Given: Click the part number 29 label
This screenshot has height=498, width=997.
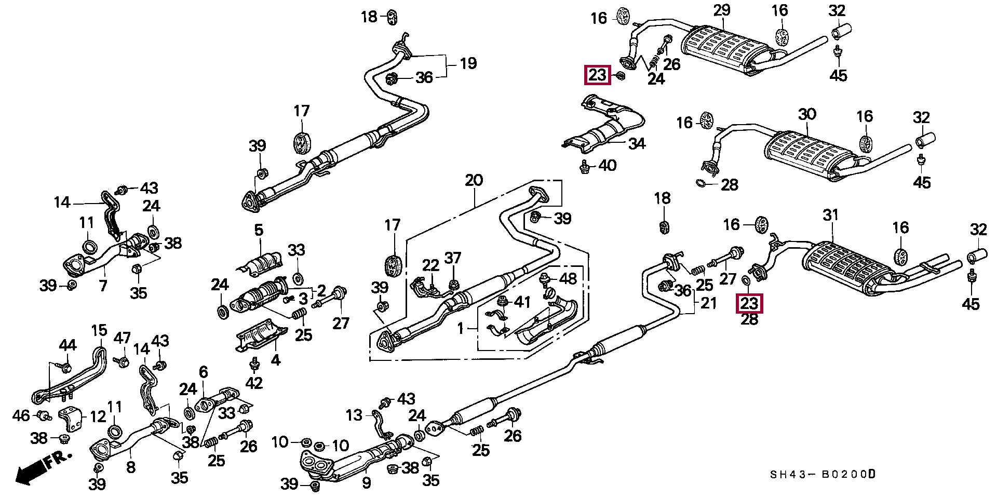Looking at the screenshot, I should [721, 10].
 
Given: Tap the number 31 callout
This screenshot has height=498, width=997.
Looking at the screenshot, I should [831, 215].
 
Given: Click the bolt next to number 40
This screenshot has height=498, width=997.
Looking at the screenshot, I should [585, 167].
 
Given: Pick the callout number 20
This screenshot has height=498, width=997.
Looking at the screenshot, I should [474, 181].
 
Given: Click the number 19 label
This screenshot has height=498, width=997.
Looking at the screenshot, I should [468, 63].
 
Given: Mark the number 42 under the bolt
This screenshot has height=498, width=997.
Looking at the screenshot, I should [254, 383].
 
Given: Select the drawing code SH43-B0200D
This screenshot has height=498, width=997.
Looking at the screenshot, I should [823, 475].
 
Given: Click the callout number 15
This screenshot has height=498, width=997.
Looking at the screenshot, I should [99, 330].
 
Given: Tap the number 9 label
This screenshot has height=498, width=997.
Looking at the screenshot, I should [367, 483].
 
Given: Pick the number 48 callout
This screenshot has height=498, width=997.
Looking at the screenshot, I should [568, 279].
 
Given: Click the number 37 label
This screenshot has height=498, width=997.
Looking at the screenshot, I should [453, 258].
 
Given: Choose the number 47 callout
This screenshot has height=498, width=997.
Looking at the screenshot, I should [122, 338].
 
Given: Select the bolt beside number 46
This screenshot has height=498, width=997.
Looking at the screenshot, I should [44, 415].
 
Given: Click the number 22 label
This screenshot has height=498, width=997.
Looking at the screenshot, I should [430, 265].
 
